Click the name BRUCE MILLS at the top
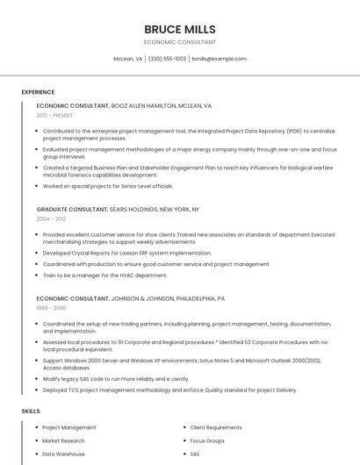[179, 29]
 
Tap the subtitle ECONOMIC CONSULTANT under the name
[179, 42]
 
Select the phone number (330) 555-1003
[167, 59]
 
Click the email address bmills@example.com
[219, 59]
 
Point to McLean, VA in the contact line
[128, 59]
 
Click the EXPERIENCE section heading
[38, 92]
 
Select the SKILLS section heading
[31, 411]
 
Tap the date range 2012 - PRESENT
[54, 115]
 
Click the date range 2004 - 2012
[51, 219]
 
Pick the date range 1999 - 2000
[51, 308]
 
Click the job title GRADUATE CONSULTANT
[71, 210]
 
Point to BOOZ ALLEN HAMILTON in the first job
[143, 105]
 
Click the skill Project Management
[69, 427]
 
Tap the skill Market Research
[63, 440]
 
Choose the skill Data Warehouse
[63, 454]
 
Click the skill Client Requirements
[216, 427]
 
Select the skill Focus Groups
[207, 440]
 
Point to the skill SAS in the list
[195, 454]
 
